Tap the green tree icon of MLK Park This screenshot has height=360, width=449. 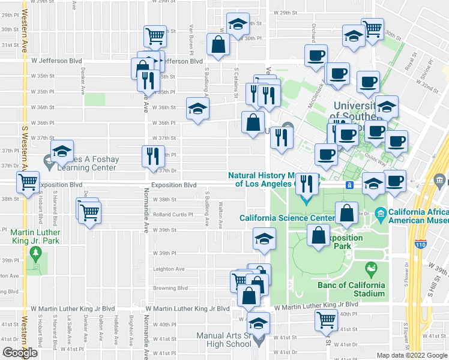[x=37, y=256]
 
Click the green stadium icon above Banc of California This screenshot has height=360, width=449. [x=372, y=267]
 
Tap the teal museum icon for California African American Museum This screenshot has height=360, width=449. [x=380, y=213]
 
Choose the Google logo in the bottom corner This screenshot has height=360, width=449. [x=20, y=352]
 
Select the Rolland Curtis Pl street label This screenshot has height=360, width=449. [x=173, y=214]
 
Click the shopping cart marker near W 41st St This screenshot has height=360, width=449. [x=325, y=320]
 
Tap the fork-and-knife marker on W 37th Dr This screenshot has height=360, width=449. [x=152, y=156]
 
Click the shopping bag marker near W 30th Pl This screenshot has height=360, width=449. [x=217, y=44]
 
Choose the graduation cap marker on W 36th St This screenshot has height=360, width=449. [x=197, y=109]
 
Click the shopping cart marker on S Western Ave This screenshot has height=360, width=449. [x=27, y=181]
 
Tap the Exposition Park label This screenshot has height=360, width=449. [x=344, y=242]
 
